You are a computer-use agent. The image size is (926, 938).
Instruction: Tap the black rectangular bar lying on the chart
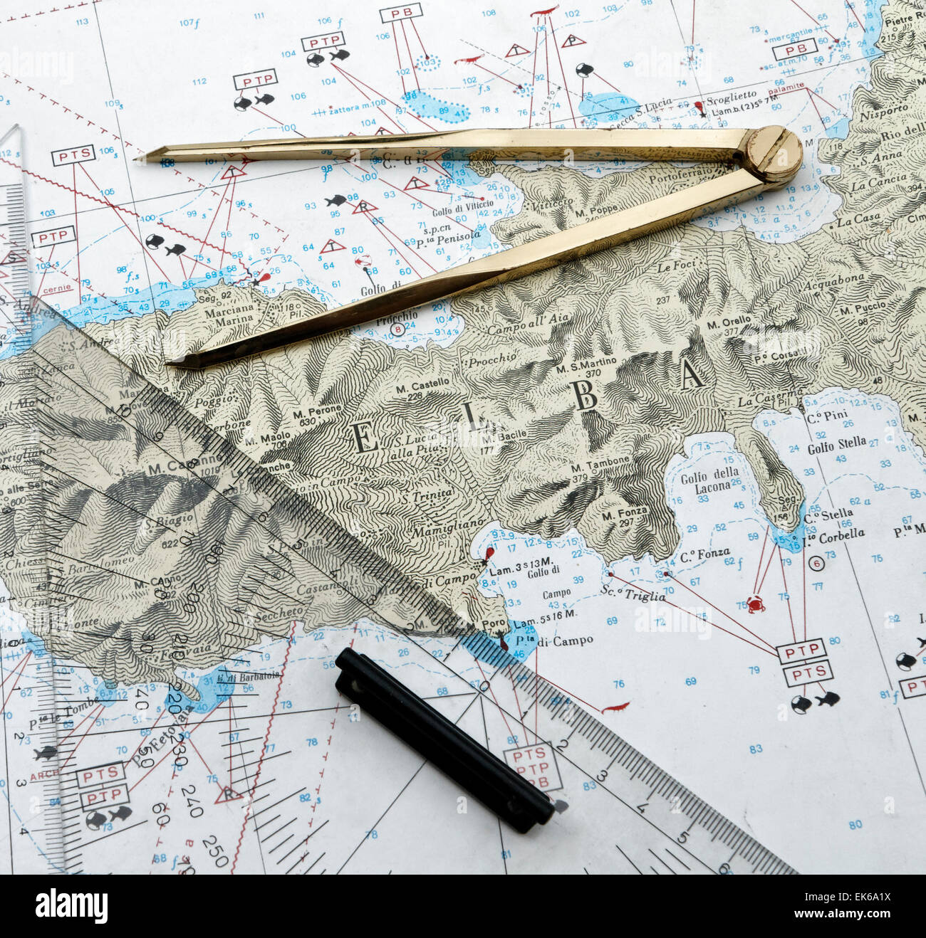tap(444, 740)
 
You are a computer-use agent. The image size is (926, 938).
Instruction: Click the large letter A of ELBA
tap(692, 375)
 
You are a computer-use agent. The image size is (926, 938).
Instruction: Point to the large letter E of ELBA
tap(365, 438)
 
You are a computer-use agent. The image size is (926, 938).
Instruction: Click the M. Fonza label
tap(624, 512)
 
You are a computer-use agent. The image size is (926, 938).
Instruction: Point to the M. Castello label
tap(422, 384)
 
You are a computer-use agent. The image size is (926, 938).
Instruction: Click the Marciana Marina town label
tap(230, 314)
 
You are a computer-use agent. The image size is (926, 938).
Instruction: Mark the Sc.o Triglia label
tap(633, 594)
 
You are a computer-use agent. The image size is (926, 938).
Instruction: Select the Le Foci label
tap(674, 267)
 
